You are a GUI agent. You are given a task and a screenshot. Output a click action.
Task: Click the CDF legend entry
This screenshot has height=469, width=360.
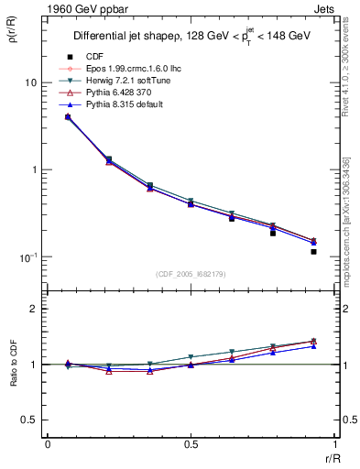pyautogui.click(x=95, y=57)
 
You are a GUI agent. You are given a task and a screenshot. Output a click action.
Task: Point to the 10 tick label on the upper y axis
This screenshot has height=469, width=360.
pyautogui.click(x=29, y=82)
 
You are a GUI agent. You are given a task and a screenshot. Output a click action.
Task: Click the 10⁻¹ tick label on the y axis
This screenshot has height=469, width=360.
pyautogui.click(x=27, y=256)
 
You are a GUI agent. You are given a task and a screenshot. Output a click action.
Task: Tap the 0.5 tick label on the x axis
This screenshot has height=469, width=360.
pyautogui.click(x=190, y=443)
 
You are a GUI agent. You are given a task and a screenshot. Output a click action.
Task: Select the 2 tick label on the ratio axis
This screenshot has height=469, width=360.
pyautogui.click(x=34, y=310)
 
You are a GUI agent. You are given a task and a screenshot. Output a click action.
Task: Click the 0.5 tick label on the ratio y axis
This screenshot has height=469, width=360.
pyautogui.click(x=29, y=420)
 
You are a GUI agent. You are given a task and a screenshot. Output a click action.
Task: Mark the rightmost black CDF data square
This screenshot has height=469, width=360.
pyautogui.click(x=313, y=251)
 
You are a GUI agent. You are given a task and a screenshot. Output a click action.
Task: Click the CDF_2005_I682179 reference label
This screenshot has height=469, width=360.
pyautogui.click(x=190, y=274)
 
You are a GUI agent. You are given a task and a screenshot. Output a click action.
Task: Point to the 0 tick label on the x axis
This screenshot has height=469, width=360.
pyautogui.click(x=48, y=443)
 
